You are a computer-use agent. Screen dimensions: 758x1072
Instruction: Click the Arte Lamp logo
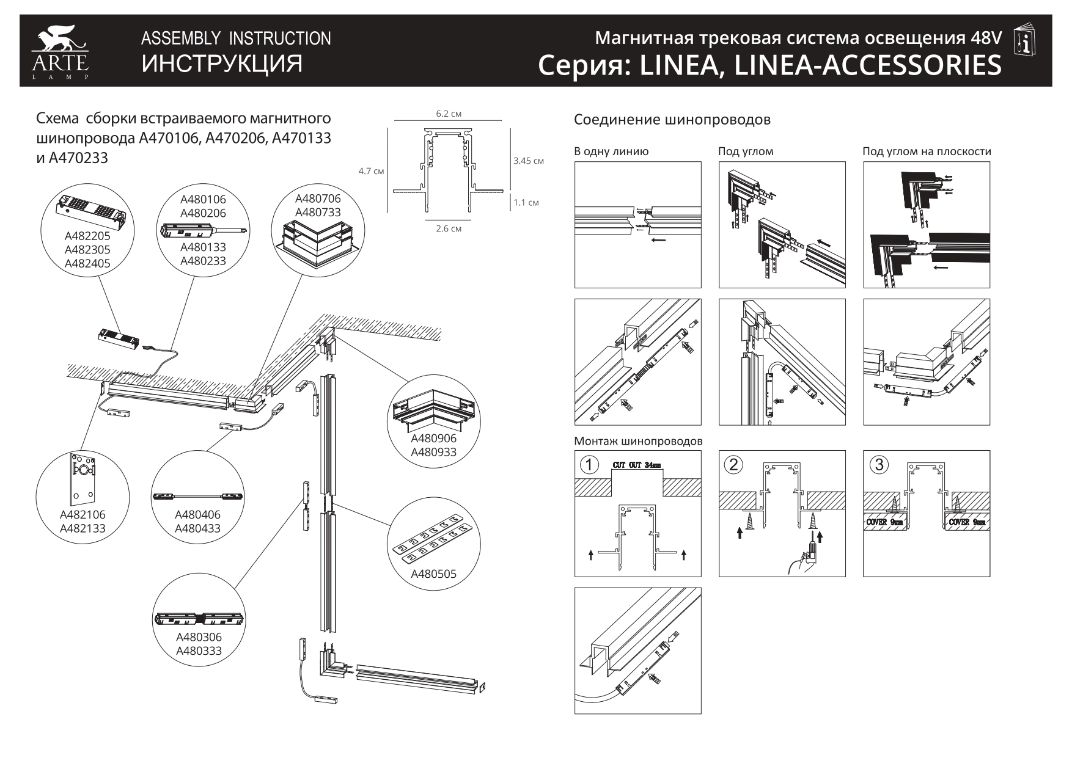coord(60,52)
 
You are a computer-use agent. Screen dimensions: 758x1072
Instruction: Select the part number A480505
coord(433,574)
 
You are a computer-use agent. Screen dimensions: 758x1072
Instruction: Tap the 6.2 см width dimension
coord(448,114)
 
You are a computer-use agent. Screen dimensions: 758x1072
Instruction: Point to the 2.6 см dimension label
coord(449,228)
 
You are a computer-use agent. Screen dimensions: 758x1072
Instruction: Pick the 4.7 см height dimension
coord(371,171)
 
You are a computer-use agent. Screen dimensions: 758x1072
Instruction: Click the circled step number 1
coord(589,465)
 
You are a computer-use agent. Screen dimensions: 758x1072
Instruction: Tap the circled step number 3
coord(878,465)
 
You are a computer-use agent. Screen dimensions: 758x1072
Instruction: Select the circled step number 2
coord(733,465)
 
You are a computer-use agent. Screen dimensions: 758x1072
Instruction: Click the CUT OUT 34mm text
coord(637,465)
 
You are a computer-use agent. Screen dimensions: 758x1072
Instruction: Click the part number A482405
coord(87,264)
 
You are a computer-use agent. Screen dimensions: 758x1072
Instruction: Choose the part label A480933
coord(433,453)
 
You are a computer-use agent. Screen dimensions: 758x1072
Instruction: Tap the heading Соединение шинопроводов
coord(672,120)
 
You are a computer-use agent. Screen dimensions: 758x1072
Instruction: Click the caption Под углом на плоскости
coord(927,151)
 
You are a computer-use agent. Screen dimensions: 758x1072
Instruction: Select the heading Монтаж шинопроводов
coord(638,441)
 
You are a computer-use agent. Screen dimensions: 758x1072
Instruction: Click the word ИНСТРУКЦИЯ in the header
coord(222,64)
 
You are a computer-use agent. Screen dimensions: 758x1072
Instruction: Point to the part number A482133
coord(83,529)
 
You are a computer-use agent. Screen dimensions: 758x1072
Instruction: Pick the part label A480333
coord(199,651)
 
